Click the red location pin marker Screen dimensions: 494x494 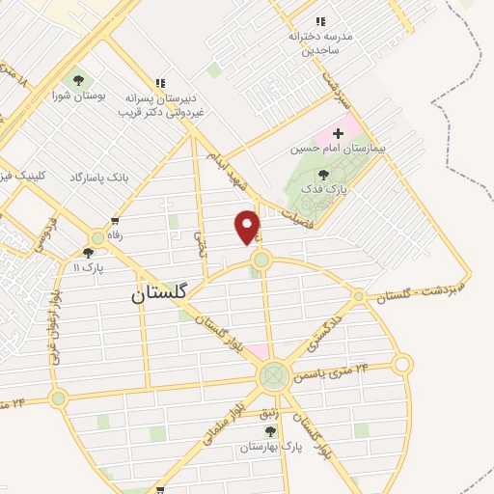pos(248,227)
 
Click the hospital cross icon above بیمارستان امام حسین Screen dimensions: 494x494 pos(338,132)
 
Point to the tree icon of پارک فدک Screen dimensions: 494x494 pos(322,174)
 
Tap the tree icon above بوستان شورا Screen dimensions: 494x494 pos(78,79)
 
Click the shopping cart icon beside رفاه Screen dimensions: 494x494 pos(115,221)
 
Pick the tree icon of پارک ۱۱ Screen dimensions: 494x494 pos(89,252)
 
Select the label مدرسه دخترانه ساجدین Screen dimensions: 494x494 pos(321,41)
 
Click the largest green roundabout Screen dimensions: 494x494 pos(273,374)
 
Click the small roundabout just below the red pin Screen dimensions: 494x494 pos(261,260)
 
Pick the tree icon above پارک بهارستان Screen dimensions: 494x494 pos(270,431)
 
